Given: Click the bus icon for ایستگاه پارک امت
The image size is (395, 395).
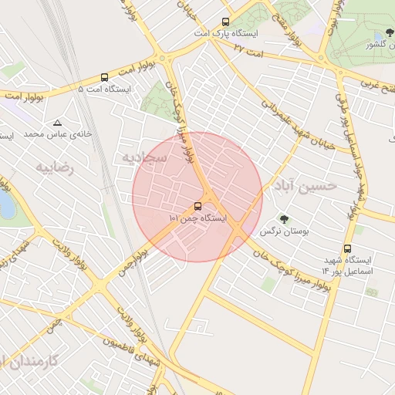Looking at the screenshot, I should point(225,22).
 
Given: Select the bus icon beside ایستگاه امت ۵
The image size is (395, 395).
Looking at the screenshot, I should point(104,77).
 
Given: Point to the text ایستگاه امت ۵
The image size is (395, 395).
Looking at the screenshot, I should point(105,89).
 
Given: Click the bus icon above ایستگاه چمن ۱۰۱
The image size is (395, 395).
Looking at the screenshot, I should point(198,206).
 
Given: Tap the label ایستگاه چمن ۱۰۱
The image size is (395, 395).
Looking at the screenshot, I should point(198,219).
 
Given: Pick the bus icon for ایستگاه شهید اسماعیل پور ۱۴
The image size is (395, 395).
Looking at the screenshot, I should point(348,249).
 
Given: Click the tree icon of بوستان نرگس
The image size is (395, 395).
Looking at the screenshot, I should point(285,218).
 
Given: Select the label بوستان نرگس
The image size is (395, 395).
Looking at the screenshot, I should point(279,231).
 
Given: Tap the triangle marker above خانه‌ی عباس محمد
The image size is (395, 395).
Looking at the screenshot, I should point(57,123).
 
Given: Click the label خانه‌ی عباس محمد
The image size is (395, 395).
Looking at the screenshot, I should point(57,134).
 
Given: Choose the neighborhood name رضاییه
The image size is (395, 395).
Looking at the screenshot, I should point(55,167).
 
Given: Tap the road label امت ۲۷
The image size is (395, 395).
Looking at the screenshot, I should point(248,49).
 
